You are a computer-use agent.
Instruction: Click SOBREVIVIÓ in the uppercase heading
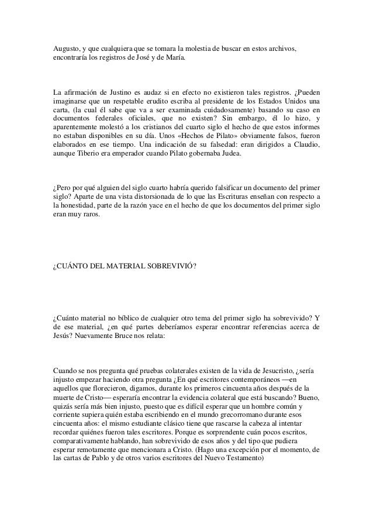pyautogui.click(x=165, y=267)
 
